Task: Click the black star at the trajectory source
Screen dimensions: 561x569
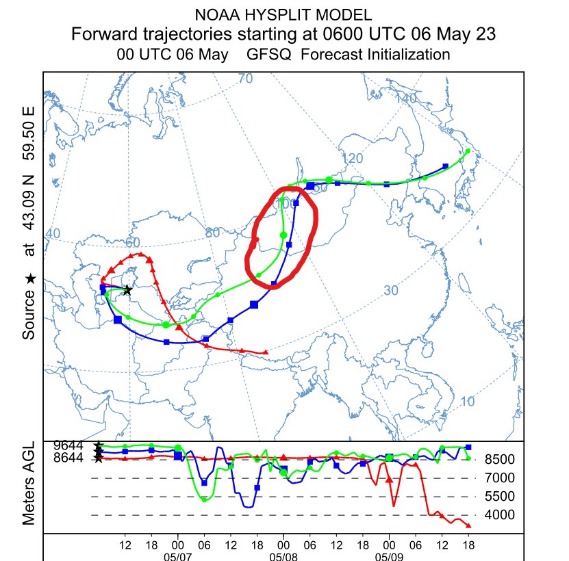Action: tap(127, 291)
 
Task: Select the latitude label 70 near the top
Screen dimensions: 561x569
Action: tap(245, 79)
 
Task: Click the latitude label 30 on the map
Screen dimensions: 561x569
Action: tap(390, 291)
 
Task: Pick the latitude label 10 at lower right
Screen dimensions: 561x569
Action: tap(468, 402)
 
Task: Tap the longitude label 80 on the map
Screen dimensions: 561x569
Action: tap(212, 233)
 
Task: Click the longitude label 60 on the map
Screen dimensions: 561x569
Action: tap(132, 243)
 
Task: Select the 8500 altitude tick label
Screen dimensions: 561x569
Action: tap(501, 459)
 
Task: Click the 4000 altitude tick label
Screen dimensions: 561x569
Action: tap(501, 515)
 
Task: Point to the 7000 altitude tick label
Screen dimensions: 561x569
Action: tap(501, 478)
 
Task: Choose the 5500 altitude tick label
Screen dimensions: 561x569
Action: tap(501, 497)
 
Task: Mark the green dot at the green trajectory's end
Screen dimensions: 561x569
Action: tap(468, 151)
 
